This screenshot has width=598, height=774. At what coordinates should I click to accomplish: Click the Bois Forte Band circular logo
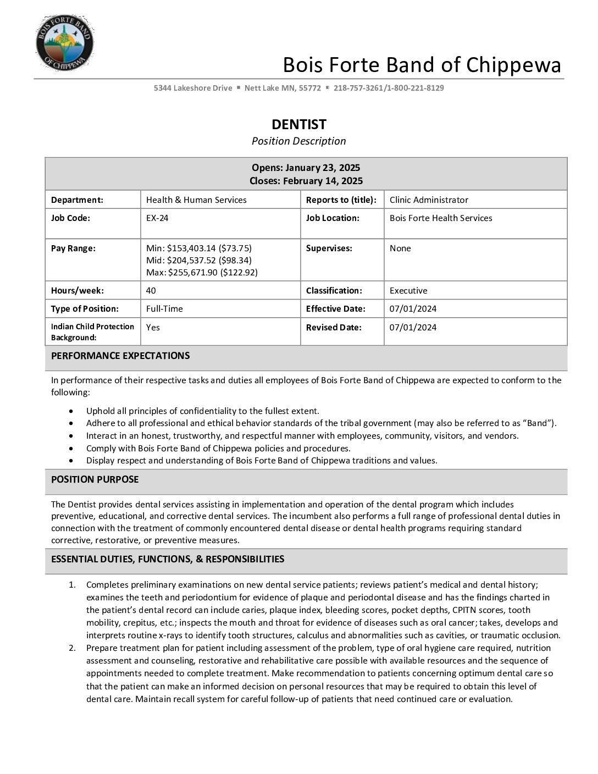click(x=64, y=43)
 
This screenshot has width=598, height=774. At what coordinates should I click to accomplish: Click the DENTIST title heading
click(x=298, y=124)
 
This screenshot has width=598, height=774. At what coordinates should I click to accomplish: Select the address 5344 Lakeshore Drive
click(x=193, y=88)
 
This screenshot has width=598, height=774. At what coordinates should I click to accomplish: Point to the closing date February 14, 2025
click(x=306, y=181)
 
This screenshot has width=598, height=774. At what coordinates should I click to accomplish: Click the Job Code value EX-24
click(x=157, y=218)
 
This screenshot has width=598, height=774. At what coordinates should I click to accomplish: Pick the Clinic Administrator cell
click(x=429, y=200)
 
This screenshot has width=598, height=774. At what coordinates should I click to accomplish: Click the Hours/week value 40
click(x=151, y=291)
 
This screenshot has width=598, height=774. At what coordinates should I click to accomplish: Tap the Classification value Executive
click(x=408, y=291)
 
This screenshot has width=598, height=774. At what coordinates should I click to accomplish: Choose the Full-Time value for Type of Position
click(x=164, y=309)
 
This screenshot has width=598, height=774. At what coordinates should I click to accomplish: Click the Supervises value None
click(x=400, y=248)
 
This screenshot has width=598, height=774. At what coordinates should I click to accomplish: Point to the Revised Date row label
click(x=334, y=328)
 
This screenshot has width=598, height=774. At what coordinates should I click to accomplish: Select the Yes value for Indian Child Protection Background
click(x=153, y=328)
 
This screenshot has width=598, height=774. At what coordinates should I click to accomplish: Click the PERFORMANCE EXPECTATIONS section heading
click(x=120, y=356)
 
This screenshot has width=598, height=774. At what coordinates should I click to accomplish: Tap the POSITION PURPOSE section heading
click(x=95, y=479)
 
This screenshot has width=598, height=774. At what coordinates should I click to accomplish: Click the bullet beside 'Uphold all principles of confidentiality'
click(x=71, y=411)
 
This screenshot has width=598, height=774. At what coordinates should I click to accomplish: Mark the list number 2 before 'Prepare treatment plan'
click(x=72, y=648)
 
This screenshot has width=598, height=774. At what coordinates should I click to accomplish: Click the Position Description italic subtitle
click(x=298, y=141)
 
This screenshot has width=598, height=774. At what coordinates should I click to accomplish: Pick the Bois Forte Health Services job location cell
click(x=441, y=218)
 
